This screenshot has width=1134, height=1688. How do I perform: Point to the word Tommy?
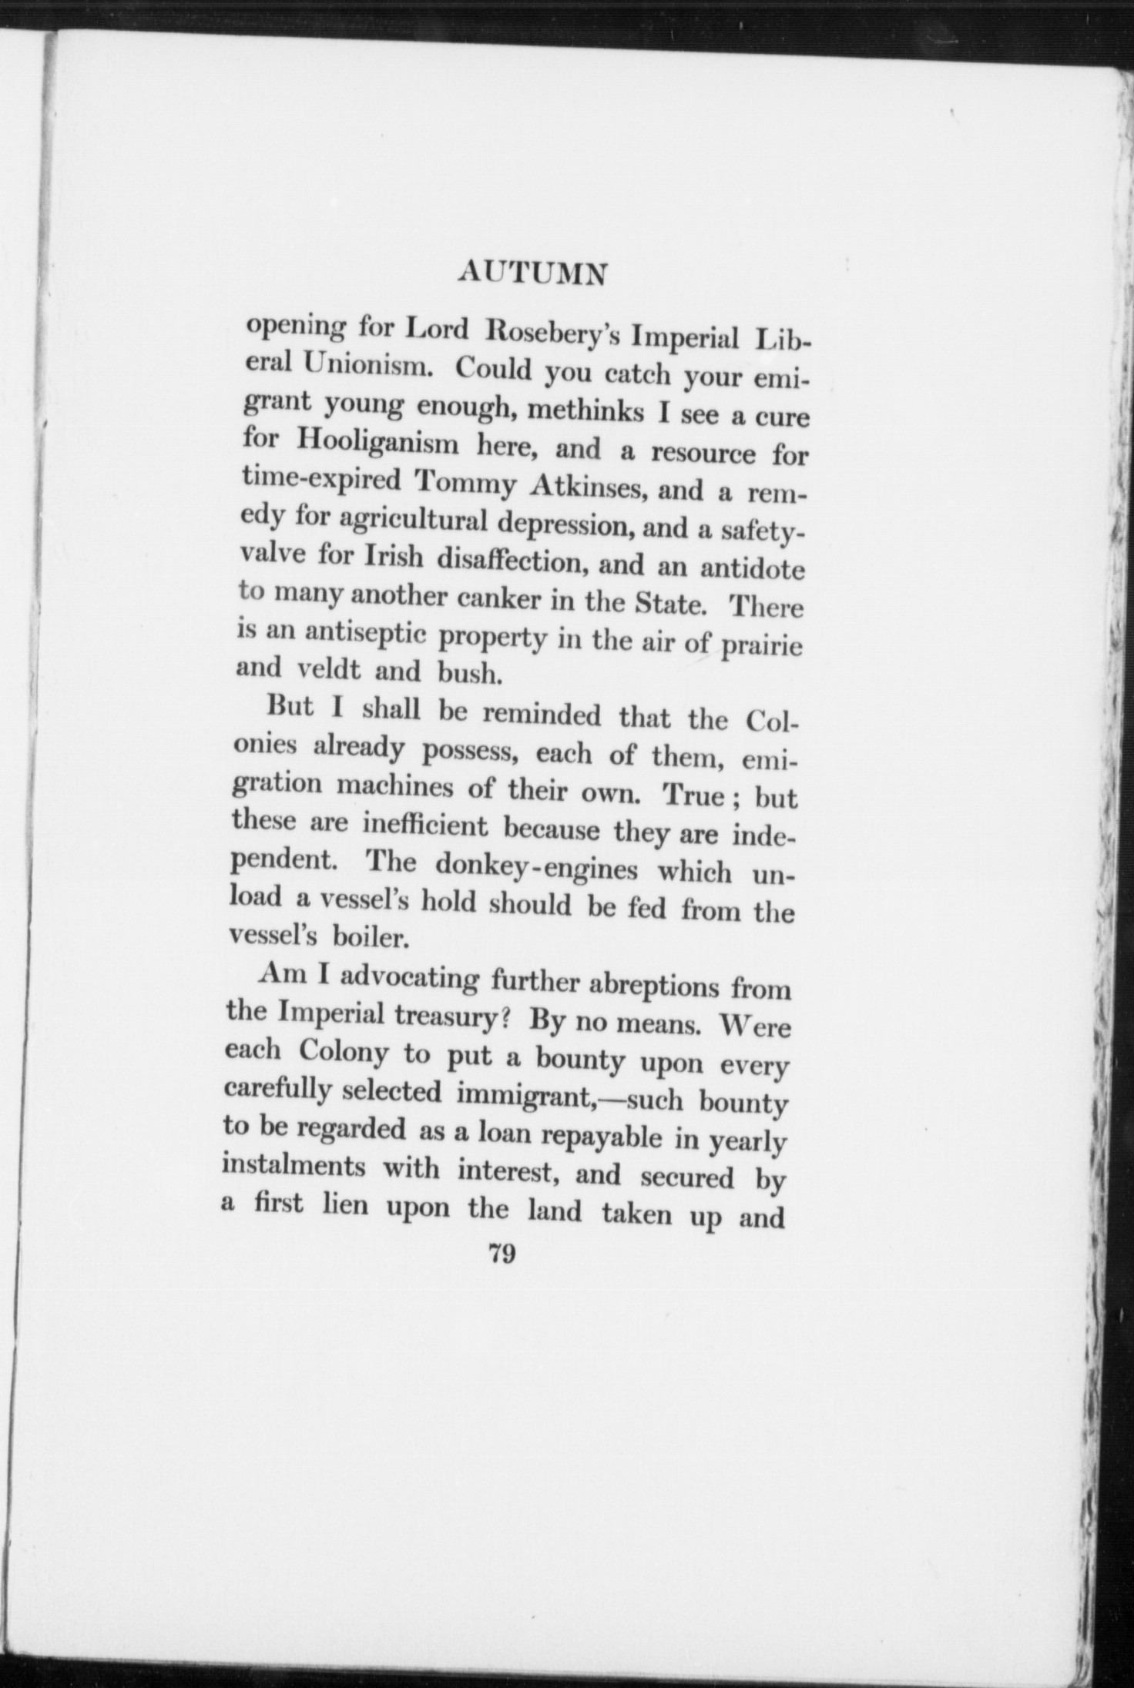(x=467, y=483)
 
